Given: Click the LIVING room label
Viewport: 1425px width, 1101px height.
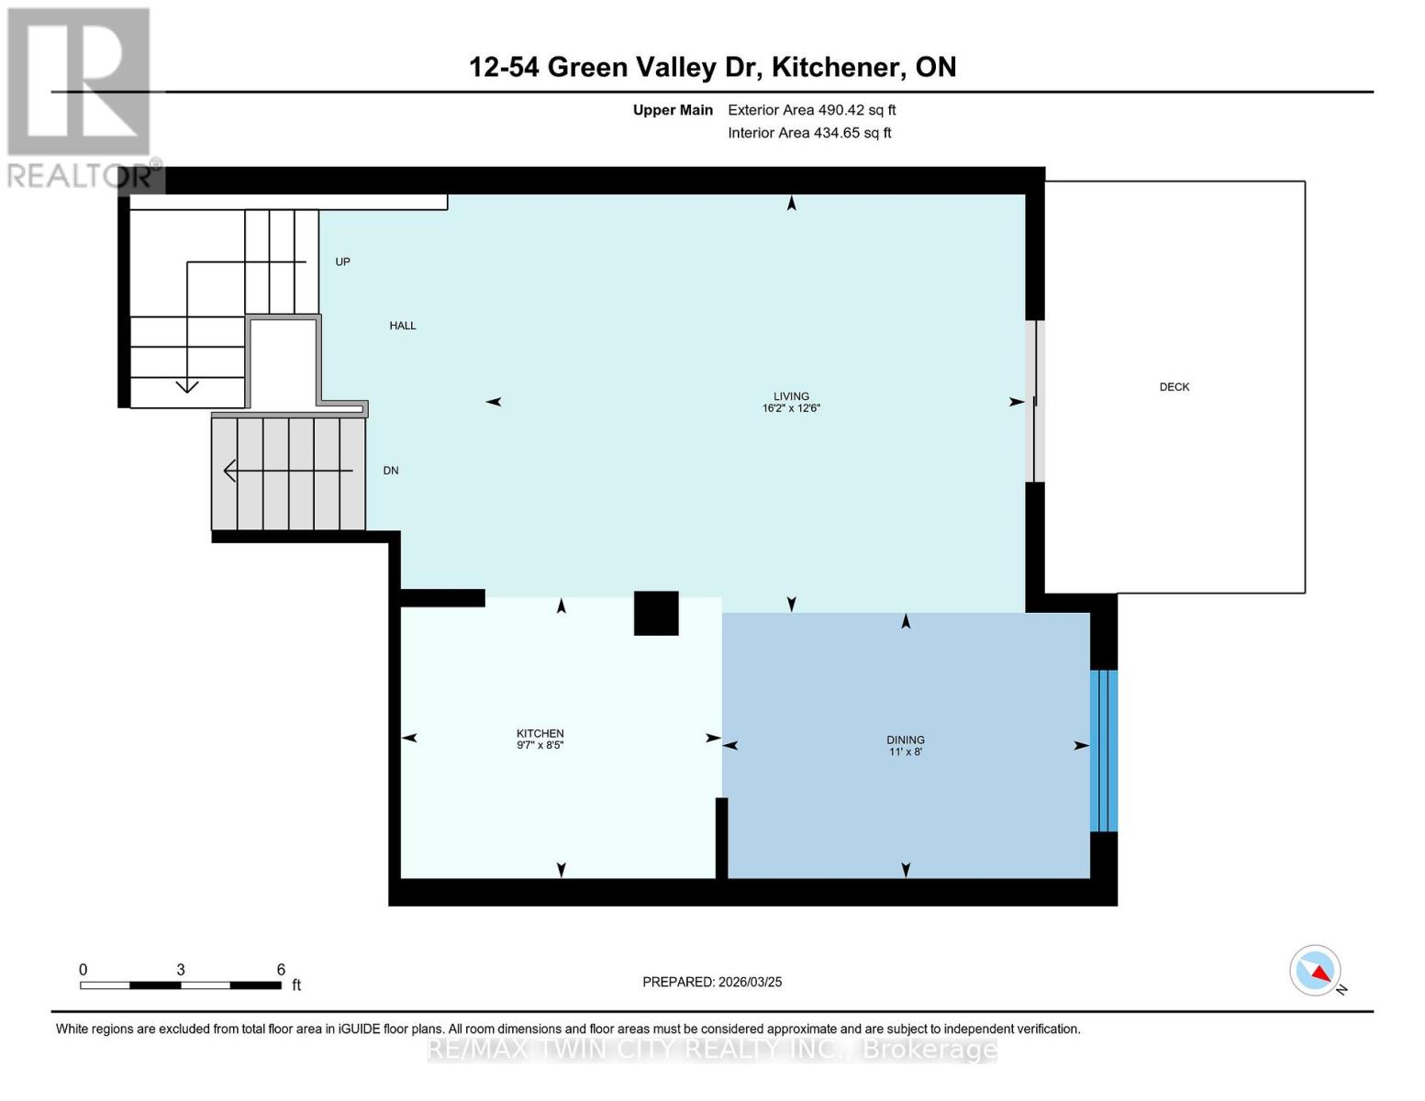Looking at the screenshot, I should [x=790, y=396].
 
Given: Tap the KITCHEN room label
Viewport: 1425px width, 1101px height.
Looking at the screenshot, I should [x=540, y=733].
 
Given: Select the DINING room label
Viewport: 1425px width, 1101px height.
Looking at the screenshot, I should [x=905, y=740].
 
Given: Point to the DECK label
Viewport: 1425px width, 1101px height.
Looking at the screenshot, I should [x=1174, y=387].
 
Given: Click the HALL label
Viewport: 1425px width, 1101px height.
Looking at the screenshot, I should [x=402, y=326].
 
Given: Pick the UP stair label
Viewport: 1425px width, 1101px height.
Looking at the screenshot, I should [x=342, y=261].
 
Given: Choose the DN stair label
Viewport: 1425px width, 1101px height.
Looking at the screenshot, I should [x=391, y=471].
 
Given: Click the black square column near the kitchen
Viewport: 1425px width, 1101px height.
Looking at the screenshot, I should [x=656, y=613].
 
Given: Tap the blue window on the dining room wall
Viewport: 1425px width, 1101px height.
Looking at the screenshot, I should [x=1103, y=751].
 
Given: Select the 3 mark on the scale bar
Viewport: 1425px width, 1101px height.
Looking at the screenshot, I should [x=181, y=970].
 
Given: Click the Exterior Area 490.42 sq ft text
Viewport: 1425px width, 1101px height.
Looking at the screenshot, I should [x=811, y=110].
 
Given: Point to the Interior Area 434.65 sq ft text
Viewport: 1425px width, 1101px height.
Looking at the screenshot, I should [x=809, y=133].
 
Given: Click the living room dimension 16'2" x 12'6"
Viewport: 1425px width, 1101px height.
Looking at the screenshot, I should [x=790, y=408].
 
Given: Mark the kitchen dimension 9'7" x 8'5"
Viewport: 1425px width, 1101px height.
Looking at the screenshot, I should [x=540, y=745].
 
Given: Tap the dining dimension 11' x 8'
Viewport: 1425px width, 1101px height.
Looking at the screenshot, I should [x=905, y=751].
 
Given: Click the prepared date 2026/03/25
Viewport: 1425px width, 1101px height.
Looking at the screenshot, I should [x=712, y=982].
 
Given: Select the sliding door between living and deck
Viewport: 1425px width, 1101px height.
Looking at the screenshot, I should [x=1034, y=401].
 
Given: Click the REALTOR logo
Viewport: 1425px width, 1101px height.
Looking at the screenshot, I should [x=81, y=96].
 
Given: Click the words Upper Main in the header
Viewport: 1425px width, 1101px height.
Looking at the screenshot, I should [x=673, y=110].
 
